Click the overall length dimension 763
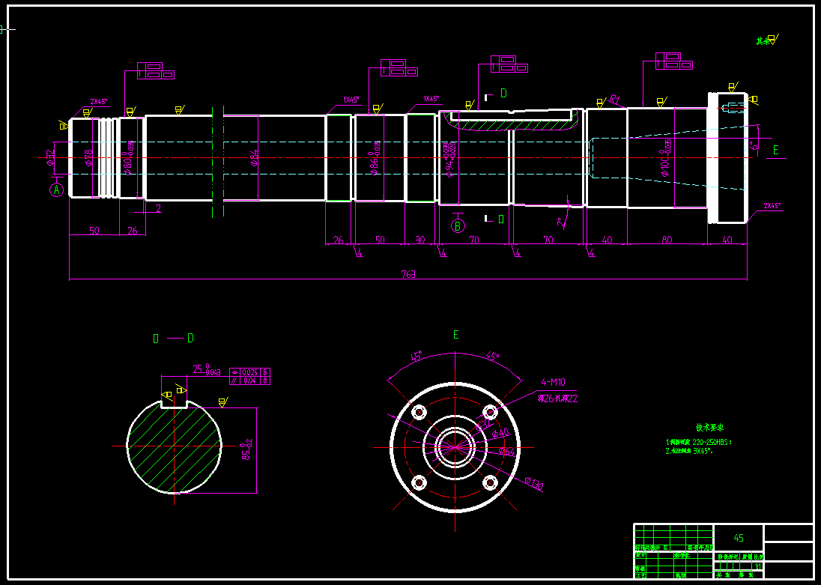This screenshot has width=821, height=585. [408, 275]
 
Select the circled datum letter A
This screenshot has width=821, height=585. [56, 190]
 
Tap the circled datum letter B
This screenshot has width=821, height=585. [458, 225]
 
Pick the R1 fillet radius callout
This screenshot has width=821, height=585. [614, 98]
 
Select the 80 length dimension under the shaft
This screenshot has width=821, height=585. [667, 240]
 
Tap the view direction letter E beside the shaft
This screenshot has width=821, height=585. [775, 150]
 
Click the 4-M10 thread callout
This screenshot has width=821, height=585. [553, 383]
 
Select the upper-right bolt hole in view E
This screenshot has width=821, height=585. [491, 412]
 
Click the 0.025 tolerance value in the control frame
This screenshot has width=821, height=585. [250, 372]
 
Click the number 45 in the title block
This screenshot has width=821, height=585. [739, 538]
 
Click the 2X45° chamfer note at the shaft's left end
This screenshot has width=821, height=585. [98, 102]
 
